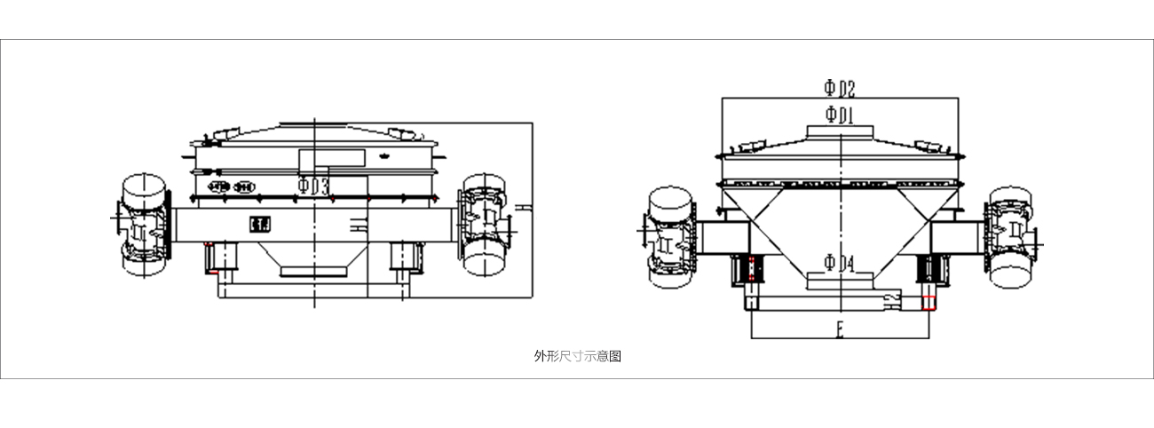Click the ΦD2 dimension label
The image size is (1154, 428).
coord(839,88)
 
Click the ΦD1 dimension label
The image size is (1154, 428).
coord(839,114)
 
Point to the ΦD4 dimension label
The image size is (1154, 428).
coord(839,263)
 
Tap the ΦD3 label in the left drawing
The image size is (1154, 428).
coord(313,186)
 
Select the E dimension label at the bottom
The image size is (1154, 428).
coord(839,331)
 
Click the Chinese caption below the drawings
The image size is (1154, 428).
coord(577,356)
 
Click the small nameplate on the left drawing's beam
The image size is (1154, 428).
coord(259,224)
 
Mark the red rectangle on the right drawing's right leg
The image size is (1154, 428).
coord(929,302)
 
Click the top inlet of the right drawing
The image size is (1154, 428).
coord(840,131)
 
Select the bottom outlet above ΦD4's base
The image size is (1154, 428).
coord(839,281)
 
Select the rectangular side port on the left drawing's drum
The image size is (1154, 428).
coord(331,159)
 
